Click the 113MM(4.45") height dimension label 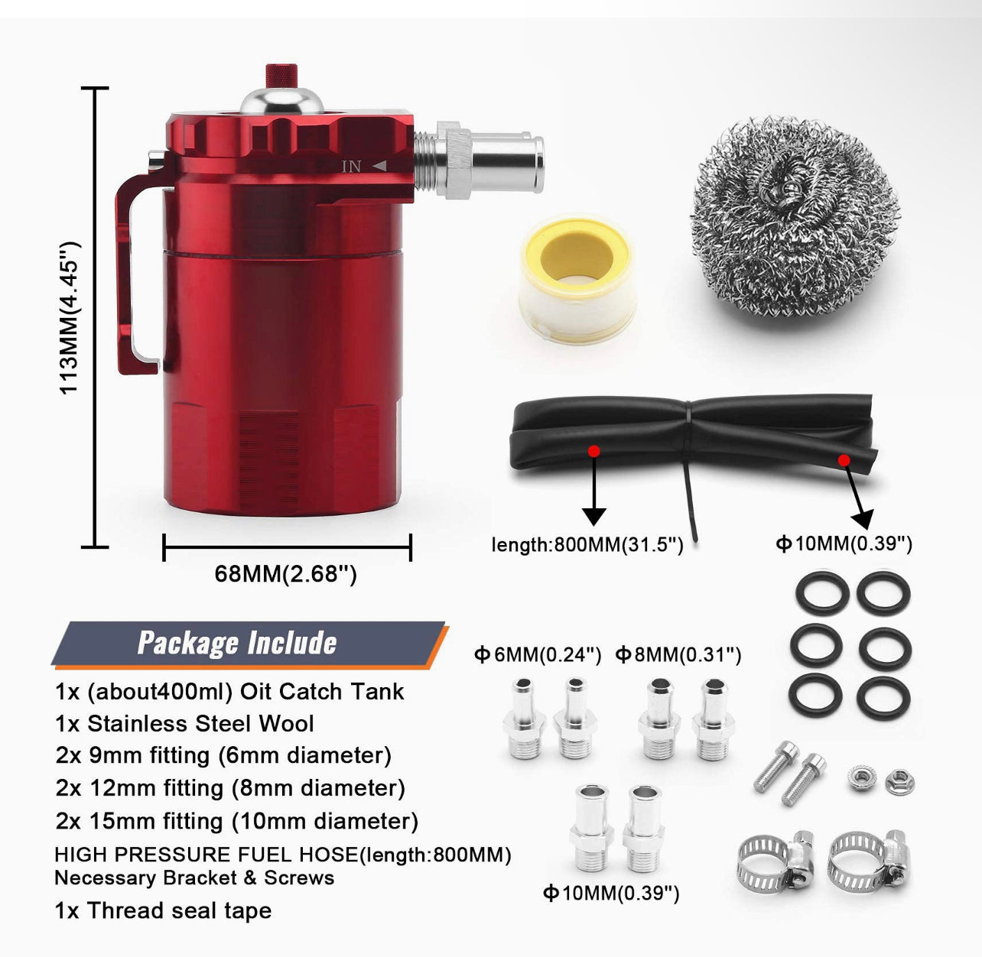click(70, 317)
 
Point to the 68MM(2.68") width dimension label click(285, 573)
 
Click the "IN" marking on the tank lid click(352, 167)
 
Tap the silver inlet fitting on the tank click(482, 159)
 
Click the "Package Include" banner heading click(237, 643)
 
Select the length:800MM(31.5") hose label click(587, 545)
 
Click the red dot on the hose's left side click(594, 451)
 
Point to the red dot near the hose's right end click(844, 459)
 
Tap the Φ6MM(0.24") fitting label click(538, 655)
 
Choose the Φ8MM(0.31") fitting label click(678, 655)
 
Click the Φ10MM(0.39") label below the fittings click(611, 893)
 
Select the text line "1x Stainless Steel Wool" click(184, 723)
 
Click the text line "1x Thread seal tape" click(163, 910)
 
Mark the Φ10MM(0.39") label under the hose click(844, 543)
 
